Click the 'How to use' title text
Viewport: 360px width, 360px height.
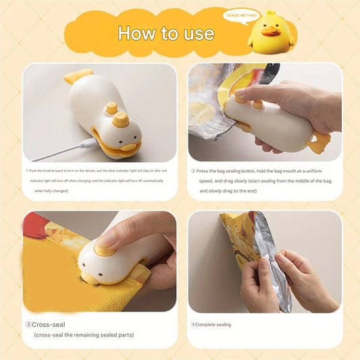165,33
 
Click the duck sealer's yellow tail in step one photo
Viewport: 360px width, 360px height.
78,76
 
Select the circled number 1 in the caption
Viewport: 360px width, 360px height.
27,170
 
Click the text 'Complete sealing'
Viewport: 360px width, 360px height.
213,324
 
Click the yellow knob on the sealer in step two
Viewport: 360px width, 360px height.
257,104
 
